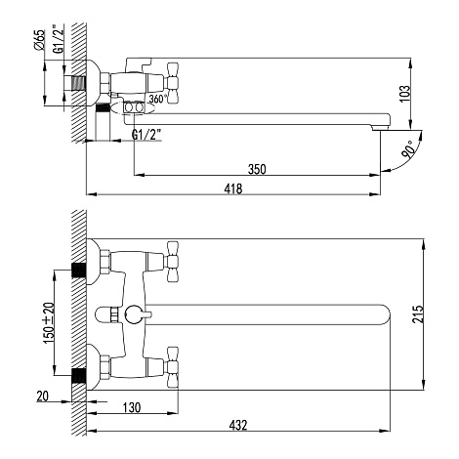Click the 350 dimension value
click(257, 169)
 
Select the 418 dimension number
click(233, 188)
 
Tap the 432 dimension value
click(238, 425)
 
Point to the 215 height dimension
click(418, 313)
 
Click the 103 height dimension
click(404, 94)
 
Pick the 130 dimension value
click(132, 407)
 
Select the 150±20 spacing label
click(48, 322)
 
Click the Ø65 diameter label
click(39, 40)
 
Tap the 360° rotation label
click(158, 99)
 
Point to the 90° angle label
click(408, 149)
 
